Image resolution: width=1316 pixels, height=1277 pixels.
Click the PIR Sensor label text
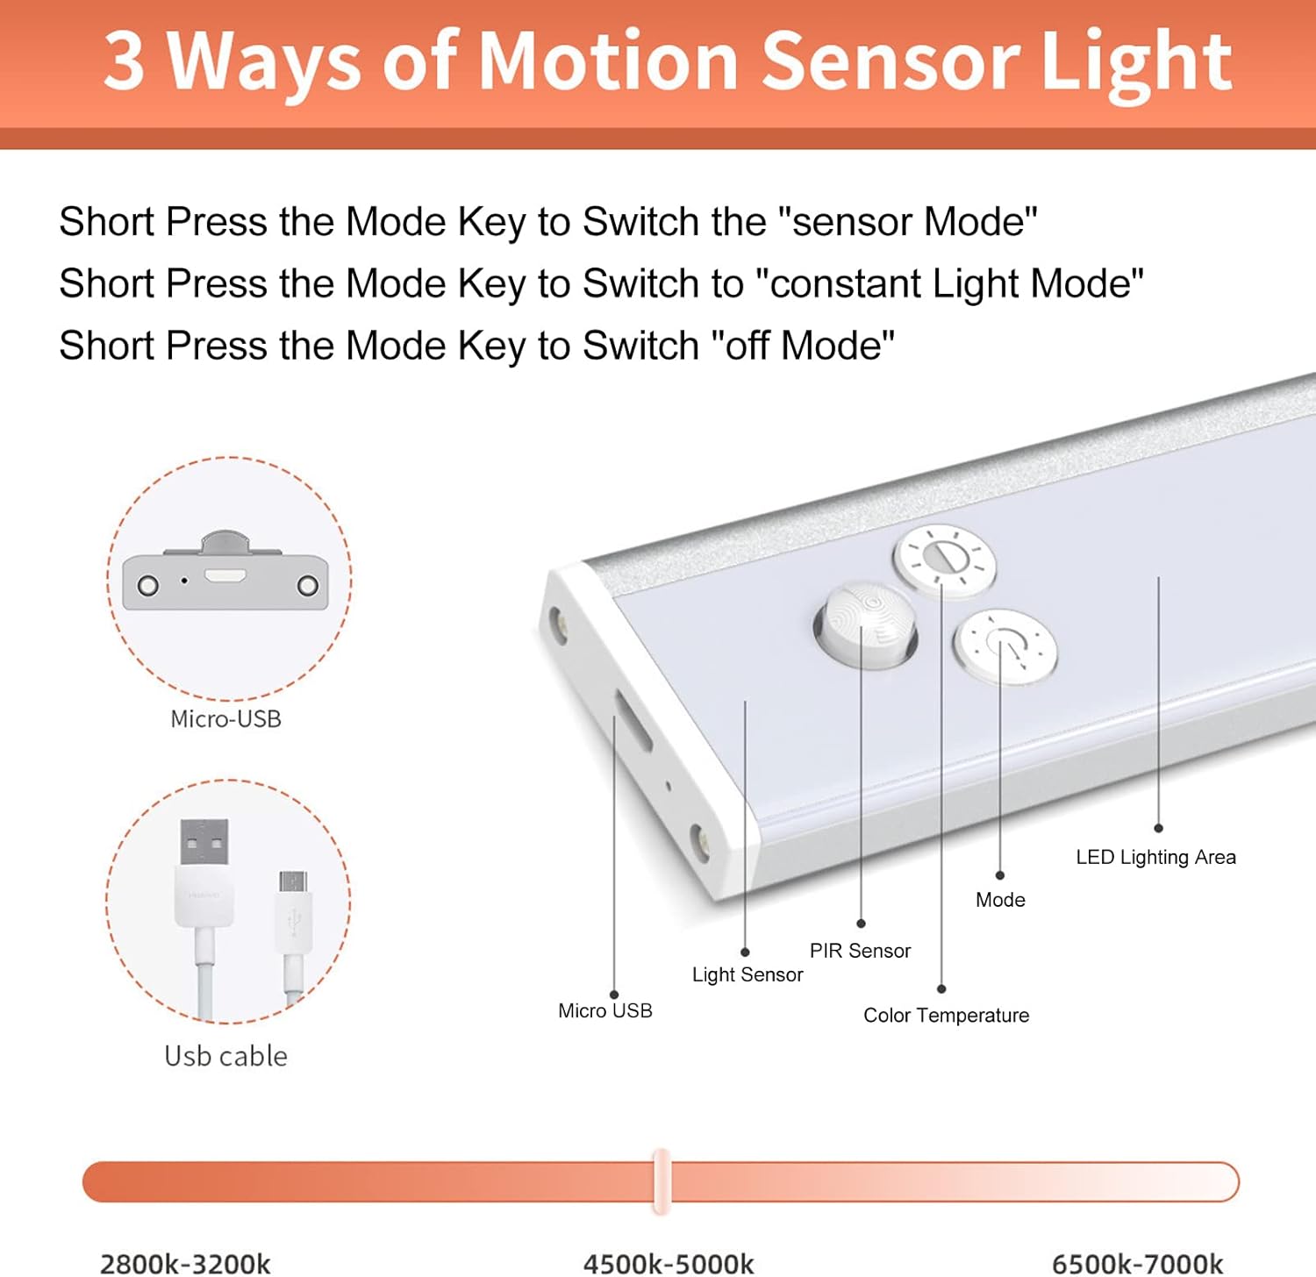coord(860,951)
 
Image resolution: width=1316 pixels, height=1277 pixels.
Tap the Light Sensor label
coord(747,974)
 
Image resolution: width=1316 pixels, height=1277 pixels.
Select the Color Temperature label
coord(946,1015)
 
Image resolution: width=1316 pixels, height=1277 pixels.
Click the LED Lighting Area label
coord(1155,857)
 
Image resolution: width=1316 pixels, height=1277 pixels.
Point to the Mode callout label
coord(1000,900)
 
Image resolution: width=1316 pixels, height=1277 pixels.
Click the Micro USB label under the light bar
coord(604,1010)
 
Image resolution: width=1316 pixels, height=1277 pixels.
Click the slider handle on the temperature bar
coord(662,1181)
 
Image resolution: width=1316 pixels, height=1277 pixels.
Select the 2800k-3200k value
coord(185,1263)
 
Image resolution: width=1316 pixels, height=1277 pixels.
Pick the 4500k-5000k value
coord(669,1263)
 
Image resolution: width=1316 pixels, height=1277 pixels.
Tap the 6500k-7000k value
coord(1137,1263)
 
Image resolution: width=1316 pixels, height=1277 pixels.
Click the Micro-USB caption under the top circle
coord(225,719)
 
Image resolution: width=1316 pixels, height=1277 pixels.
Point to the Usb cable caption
coord(225,1056)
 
